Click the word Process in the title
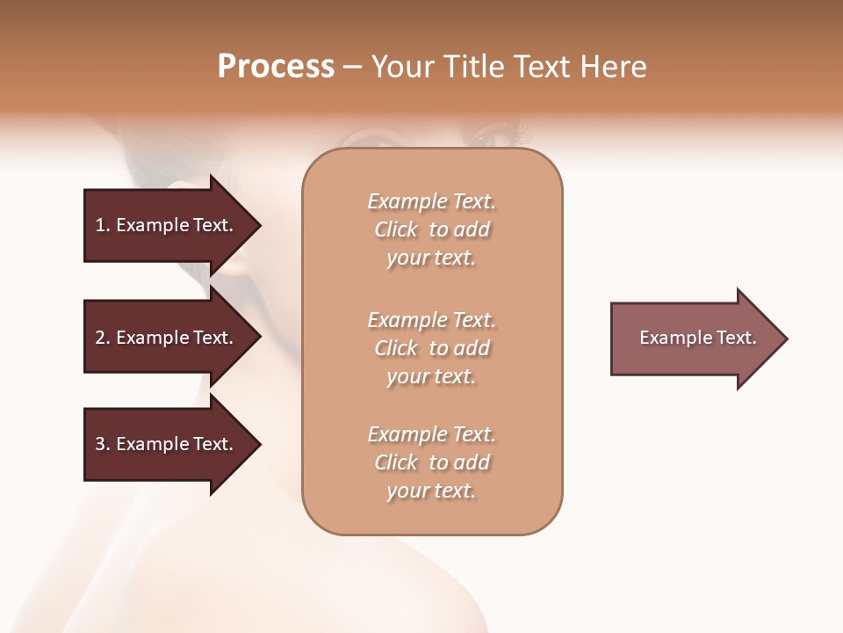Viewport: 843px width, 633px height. pos(276,67)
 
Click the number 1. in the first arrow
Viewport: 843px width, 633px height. pos(103,225)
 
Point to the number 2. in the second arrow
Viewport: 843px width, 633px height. pos(103,338)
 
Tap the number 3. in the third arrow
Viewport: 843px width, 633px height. pos(103,444)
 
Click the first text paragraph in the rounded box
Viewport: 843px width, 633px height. pos(432,229)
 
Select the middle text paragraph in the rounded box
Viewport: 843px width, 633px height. pos(432,348)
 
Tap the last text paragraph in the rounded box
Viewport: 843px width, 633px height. pos(432,462)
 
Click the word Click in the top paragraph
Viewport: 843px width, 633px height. pos(396,229)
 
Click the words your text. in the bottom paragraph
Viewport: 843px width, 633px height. pos(431,491)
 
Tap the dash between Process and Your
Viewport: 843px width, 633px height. pos(352,68)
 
